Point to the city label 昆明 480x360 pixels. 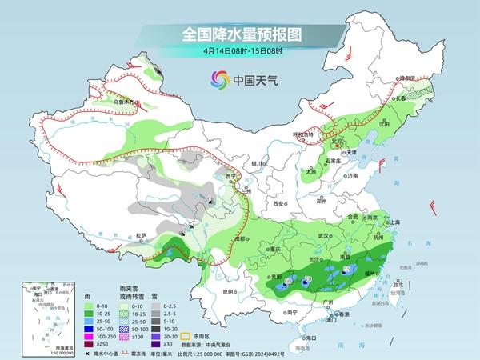click(230, 291)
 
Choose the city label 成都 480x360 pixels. click(240, 238)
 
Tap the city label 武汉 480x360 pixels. click(324, 236)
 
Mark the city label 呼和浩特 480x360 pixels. click(304, 134)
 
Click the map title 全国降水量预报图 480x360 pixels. click(240, 34)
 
